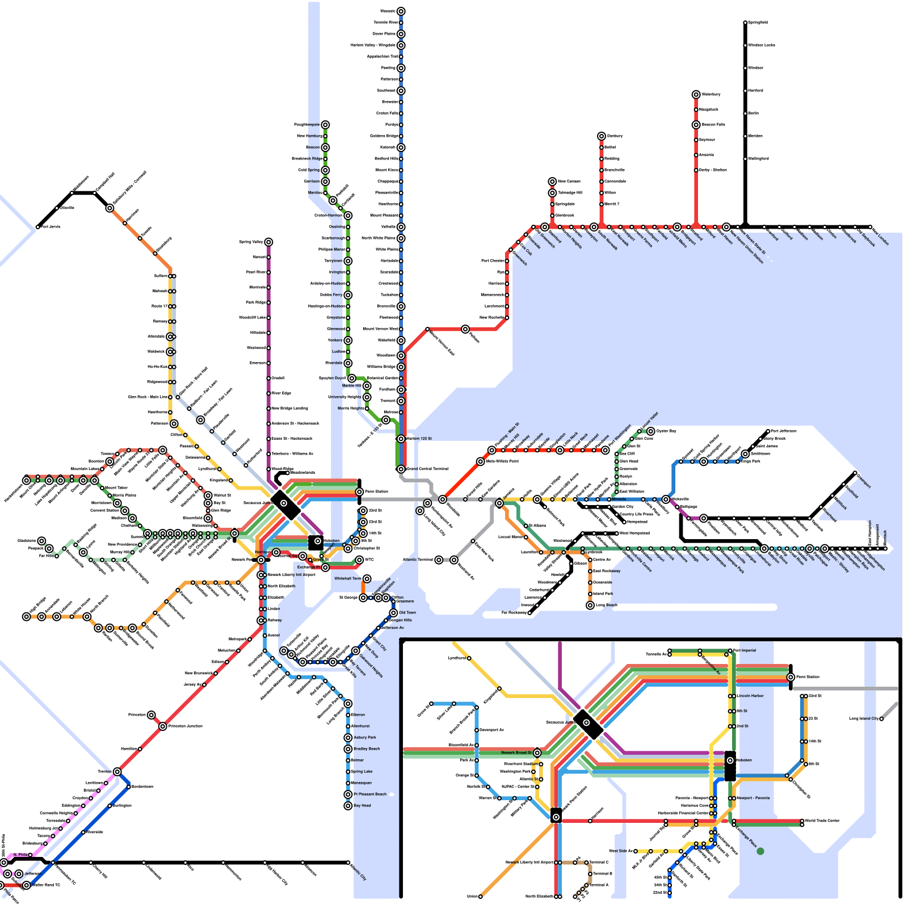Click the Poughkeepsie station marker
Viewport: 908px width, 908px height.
click(x=325, y=125)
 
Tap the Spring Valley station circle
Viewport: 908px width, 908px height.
click(x=268, y=242)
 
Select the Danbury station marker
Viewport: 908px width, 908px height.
click(x=602, y=136)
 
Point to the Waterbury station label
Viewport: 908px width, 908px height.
click(x=711, y=94)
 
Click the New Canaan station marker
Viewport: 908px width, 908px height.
click(x=552, y=182)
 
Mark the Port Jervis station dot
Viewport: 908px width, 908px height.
click(x=38, y=227)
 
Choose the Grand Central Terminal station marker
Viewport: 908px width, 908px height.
click(x=401, y=469)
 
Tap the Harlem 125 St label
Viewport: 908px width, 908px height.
click(x=421, y=439)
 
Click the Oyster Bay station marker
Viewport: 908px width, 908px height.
click(x=651, y=431)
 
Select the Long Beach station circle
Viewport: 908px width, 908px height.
click(x=590, y=606)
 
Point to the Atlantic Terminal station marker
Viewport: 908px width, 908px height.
click(x=439, y=560)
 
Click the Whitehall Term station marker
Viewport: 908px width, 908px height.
click(x=367, y=579)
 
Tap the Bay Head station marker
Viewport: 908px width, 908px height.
click(x=348, y=806)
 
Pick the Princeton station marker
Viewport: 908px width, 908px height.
click(x=152, y=715)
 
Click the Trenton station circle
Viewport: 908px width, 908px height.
click(x=117, y=772)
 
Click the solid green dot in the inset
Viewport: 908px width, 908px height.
click(x=760, y=851)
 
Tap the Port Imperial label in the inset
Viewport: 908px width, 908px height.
click(x=745, y=650)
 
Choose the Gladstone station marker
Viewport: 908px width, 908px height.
click(x=41, y=541)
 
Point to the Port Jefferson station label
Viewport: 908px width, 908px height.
click(x=784, y=431)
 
